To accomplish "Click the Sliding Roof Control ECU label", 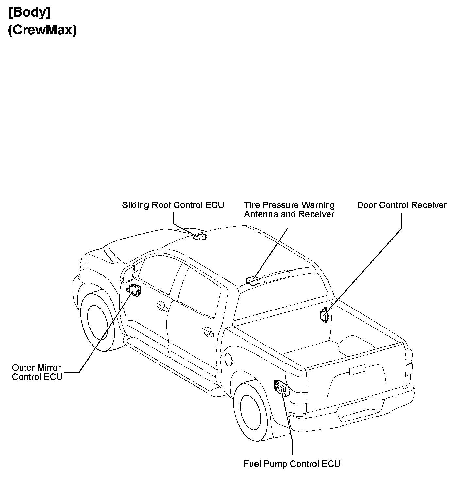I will tap(173, 205).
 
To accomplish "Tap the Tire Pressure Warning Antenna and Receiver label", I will tap(289, 210).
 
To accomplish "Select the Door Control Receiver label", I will tap(401, 205).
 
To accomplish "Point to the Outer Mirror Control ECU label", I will tap(37, 372).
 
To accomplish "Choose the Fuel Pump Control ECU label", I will tap(292, 464).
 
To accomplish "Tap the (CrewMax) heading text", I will tap(42, 30).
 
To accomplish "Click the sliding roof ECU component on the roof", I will tap(201, 237).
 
